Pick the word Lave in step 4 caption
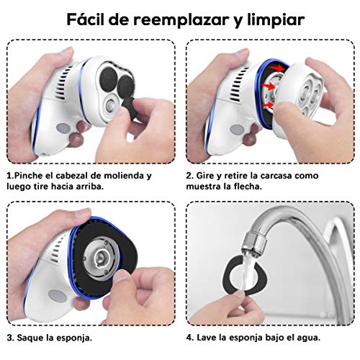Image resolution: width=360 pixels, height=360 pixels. [209, 337]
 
